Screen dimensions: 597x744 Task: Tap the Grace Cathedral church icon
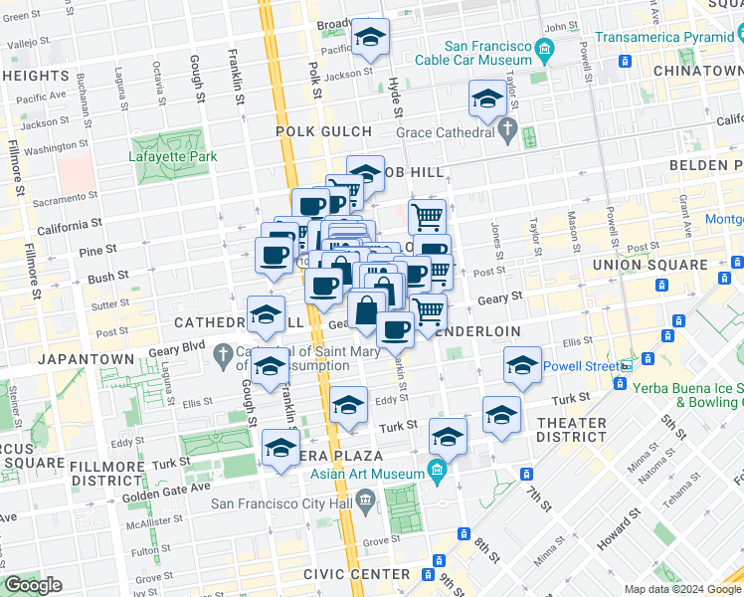[x=508, y=130]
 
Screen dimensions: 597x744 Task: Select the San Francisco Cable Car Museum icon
[x=544, y=50]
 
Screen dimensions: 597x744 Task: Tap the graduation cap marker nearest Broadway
[x=371, y=39]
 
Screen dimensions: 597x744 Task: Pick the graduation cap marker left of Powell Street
[x=522, y=366]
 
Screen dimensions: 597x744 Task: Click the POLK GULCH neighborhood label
[x=324, y=131]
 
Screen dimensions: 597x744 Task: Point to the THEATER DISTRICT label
[x=571, y=432]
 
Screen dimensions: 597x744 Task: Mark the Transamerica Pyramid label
[x=667, y=38]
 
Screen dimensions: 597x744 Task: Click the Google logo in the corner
[x=33, y=585]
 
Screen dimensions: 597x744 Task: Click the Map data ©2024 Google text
[x=682, y=589]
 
